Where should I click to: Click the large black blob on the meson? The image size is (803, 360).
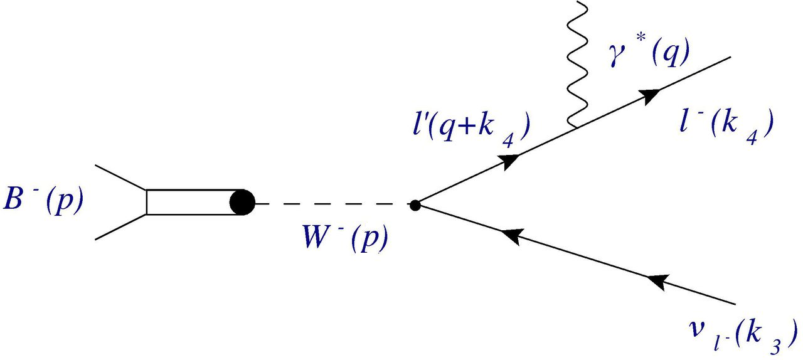[x=242, y=203]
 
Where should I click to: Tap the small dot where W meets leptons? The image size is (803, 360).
[x=415, y=204]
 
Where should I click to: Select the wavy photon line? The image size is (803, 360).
[x=576, y=63]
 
